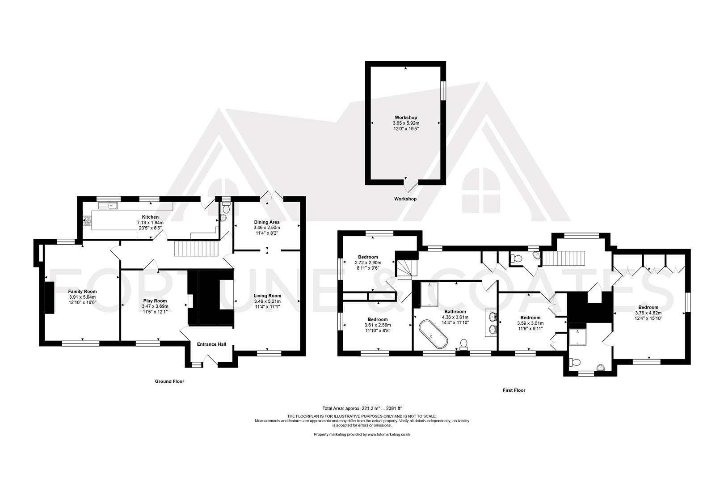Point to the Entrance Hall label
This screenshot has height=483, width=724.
tap(211, 344)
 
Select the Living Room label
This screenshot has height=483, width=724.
tap(267, 296)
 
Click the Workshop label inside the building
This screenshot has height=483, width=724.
tap(406, 118)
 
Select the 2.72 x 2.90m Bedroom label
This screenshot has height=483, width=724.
tap(367, 257)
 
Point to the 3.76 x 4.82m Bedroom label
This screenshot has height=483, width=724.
tap(648, 307)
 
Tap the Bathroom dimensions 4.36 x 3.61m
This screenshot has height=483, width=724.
tap(455, 317)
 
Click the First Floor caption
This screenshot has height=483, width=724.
tap(514, 390)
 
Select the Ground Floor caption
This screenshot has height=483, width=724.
tap(169, 381)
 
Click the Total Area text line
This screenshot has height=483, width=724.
tap(362, 408)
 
